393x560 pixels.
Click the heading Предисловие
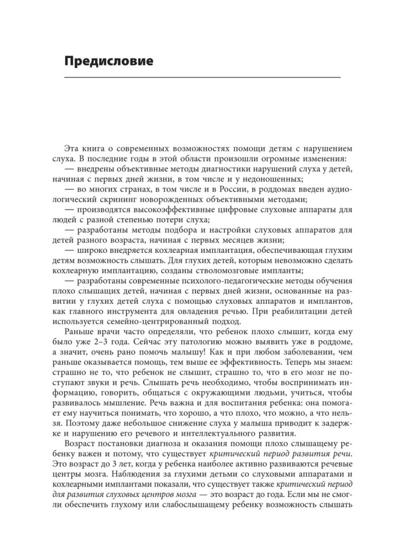tap(108, 61)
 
